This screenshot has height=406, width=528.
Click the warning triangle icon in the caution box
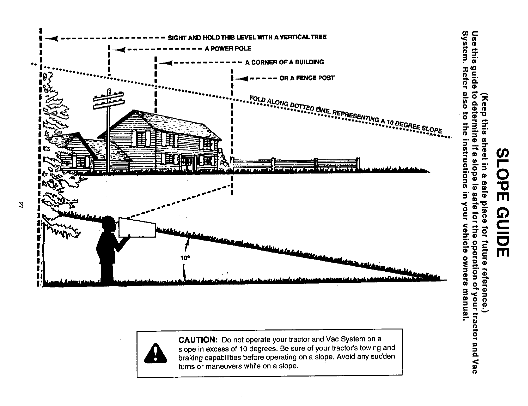pyautogui.click(x=155, y=353)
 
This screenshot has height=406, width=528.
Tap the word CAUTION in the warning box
pyautogui.click(x=198, y=340)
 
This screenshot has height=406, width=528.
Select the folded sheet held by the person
pyautogui.click(x=137, y=227)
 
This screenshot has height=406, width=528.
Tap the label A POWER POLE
pyautogui.click(x=228, y=49)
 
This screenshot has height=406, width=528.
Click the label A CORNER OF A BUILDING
pyautogui.click(x=284, y=62)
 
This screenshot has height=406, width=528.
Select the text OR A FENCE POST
pyautogui.click(x=307, y=78)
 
